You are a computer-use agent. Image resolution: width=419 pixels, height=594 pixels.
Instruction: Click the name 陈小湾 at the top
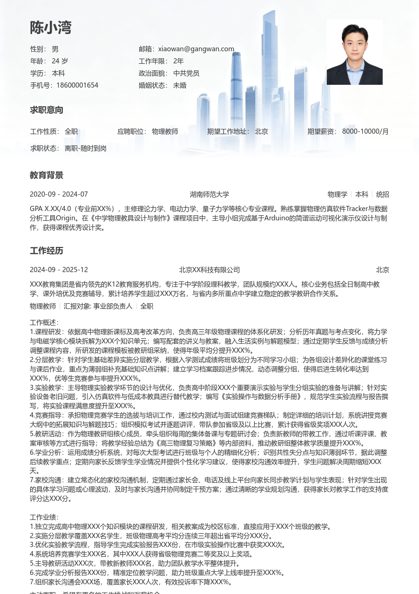point(51,27)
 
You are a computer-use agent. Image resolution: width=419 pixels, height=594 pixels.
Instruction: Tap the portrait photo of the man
point(354,52)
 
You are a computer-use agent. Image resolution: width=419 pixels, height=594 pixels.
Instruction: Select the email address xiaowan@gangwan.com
point(196,49)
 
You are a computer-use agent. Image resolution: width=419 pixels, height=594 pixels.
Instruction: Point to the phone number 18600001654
point(77,85)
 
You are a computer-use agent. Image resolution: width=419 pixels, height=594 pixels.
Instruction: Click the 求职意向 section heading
point(47,110)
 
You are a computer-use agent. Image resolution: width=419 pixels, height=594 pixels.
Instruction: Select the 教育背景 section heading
point(47,175)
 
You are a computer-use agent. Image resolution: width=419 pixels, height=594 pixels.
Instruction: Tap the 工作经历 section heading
point(47,251)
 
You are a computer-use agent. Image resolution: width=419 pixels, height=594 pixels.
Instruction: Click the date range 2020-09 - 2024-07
point(59,194)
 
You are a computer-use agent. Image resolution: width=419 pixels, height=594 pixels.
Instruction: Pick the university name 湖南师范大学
point(209,194)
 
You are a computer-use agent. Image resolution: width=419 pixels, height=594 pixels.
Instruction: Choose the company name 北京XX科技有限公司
point(209,270)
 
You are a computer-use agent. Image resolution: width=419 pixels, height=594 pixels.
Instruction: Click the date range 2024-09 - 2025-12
point(59,270)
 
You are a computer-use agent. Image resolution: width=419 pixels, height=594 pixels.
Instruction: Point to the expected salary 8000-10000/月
point(365,131)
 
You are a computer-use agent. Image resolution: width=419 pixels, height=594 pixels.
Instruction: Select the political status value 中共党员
point(186,73)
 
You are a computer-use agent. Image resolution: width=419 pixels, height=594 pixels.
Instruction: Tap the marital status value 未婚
point(180,85)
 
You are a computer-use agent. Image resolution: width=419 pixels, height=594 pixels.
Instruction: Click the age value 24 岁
point(60,61)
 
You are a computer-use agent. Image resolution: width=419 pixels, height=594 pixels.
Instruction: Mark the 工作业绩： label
point(44,517)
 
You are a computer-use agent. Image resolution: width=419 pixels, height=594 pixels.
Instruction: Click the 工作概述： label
point(44,322)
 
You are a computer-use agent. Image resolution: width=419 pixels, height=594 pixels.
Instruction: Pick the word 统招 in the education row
point(383,194)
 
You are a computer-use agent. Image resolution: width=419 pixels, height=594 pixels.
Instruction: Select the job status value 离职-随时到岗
point(86,148)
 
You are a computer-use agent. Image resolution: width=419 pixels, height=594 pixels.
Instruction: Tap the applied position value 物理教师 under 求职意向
point(165,131)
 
